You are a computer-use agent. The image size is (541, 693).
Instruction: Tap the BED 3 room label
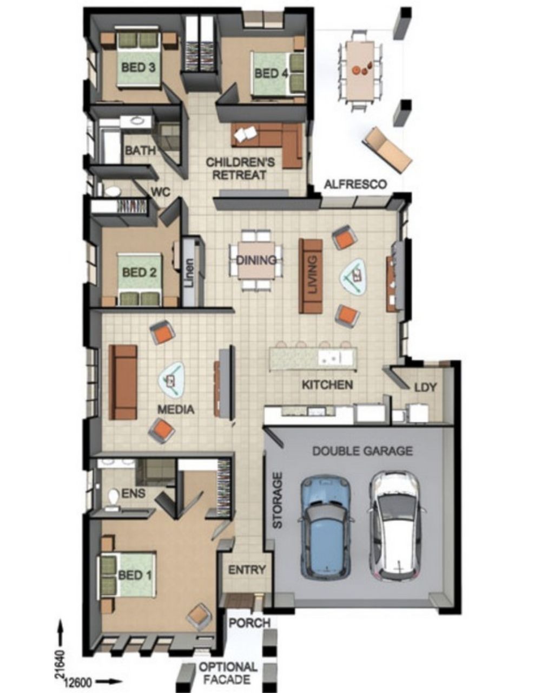pyautogui.click(x=138, y=67)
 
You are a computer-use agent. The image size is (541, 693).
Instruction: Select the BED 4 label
pyautogui.click(x=271, y=73)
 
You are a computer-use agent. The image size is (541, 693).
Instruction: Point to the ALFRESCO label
pyautogui.click(x=355, y=184)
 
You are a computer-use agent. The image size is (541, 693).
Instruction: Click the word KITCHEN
pyautogui.click(x=327, y=384)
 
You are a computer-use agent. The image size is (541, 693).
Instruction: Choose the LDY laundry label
pyautogui.click(x=425, y=387)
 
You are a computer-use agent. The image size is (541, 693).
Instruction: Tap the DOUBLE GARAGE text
pyautogui.click(x=362, y=451)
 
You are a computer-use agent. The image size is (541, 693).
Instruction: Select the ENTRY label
pyautogui.click(x=247, y=570)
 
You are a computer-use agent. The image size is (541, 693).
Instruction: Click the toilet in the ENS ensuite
pyautogui.click(x=113, y=499)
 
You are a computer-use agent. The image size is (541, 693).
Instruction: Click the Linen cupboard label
pyautogui.click(x=189, y=272)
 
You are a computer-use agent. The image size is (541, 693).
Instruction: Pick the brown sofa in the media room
pyautogui.click(x=123, y=382)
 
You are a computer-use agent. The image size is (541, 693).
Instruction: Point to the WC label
pyautogui.click(x=161, y=192)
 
